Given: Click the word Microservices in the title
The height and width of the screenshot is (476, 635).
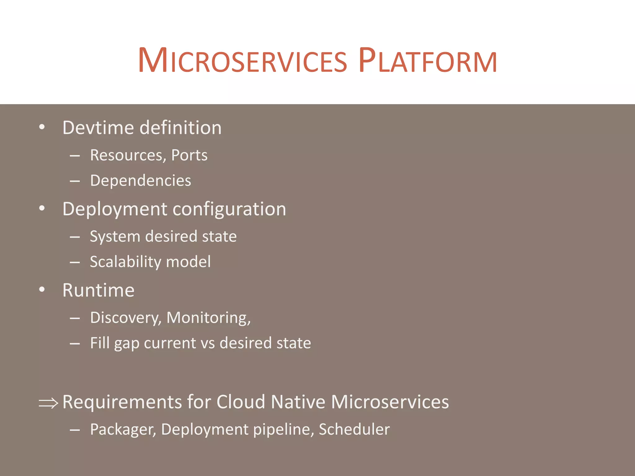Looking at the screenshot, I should point(242,61).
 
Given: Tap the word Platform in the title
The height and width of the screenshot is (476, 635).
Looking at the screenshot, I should point(428,61).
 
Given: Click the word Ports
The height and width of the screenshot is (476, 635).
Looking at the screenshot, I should point(189,155).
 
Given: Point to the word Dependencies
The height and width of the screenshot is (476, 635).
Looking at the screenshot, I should point(140,181).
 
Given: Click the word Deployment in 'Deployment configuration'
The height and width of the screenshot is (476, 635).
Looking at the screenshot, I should point(115,209).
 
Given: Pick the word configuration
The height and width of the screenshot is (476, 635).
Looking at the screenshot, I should point(229,209).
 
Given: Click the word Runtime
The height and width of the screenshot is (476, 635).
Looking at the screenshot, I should point(98,290).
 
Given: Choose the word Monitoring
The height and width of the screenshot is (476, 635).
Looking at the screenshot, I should point(208,318).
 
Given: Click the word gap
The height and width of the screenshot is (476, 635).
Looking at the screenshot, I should point(127,344).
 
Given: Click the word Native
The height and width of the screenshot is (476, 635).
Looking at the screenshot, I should point(298,402).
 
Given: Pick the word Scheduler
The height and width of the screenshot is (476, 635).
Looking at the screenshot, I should point(354,430).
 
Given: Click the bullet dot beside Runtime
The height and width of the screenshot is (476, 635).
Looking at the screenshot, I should point(42,289).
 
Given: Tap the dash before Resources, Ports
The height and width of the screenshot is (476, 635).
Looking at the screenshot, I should point(75,156).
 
